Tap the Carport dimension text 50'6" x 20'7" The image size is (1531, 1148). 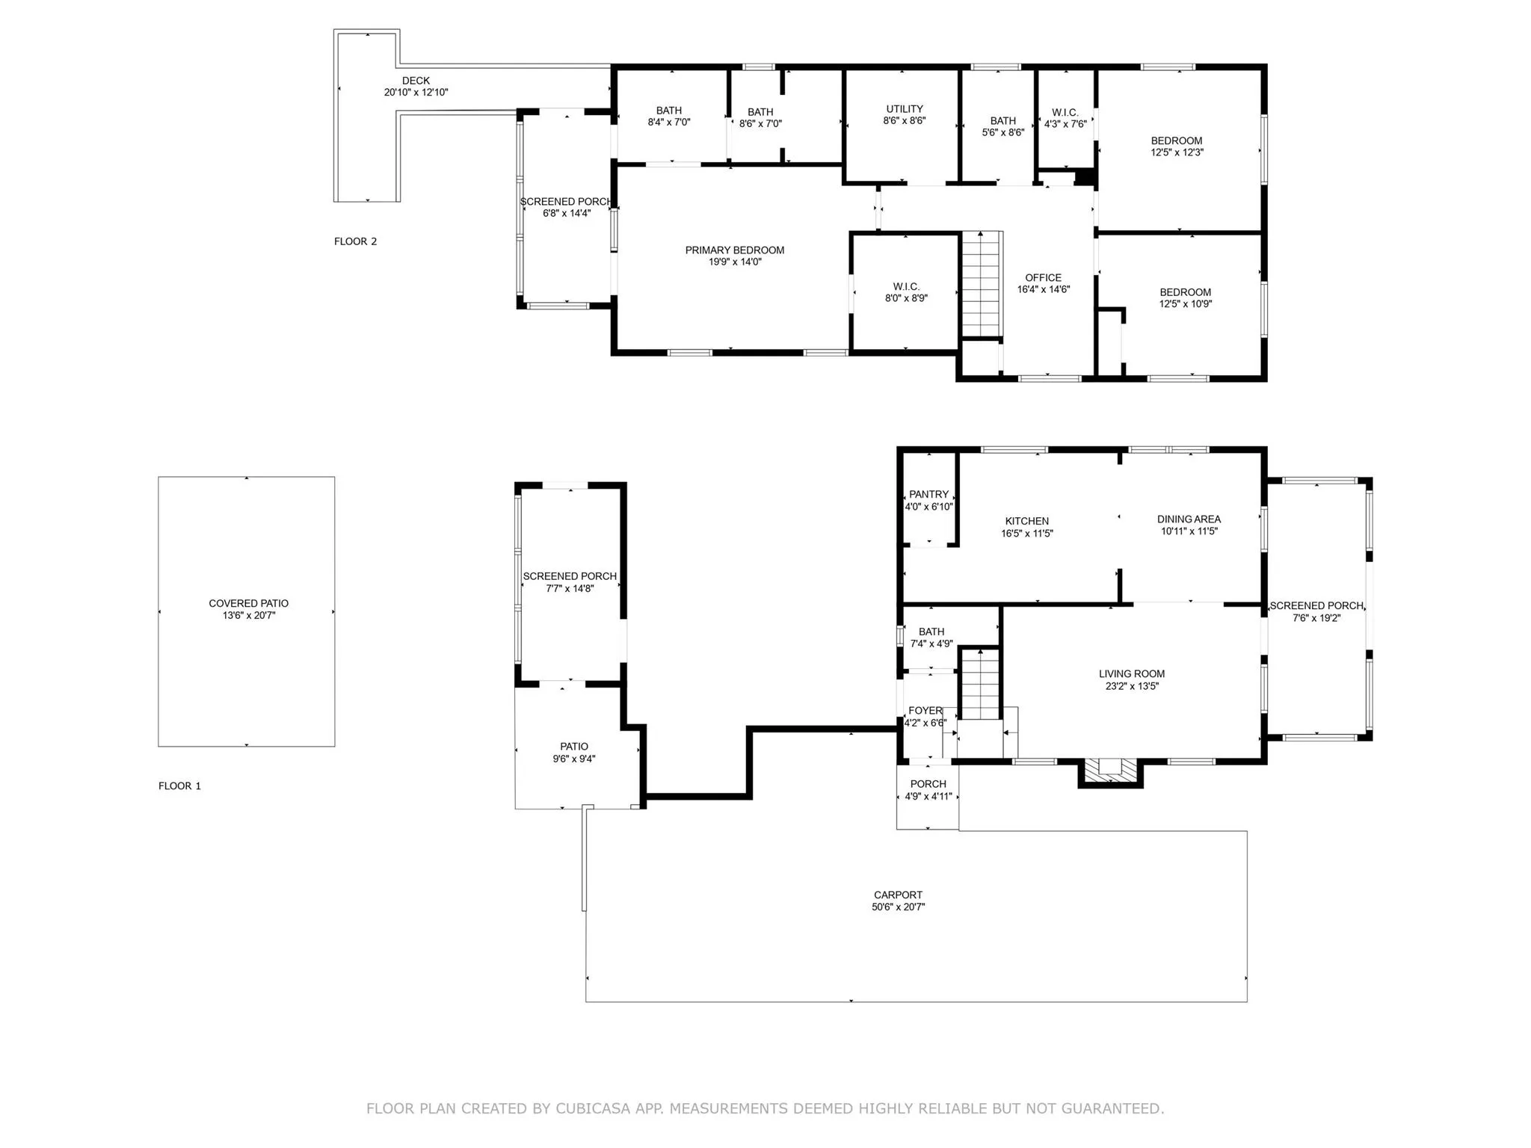pyautogui.click(x=898, y=907)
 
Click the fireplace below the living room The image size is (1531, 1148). pyautogui.click(x=1110, y=771)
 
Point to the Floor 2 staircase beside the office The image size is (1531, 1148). pyautogui.click(x=981, y=284)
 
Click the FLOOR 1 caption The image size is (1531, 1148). pyautogui.click(x=179, y=786)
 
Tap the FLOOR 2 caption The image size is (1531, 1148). pyautogui.click(x=355, y=241)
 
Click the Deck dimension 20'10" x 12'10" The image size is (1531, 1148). pyautogui.click(x=416, y=93)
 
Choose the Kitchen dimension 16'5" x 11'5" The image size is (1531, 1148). pyautogui.click(x=1027, y=534)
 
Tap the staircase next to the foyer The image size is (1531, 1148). pyautogui.click(x=979, y=684)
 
